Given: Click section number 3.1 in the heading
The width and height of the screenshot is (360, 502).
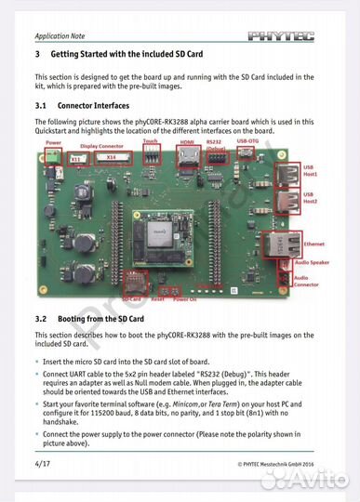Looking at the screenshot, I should click(42, 107).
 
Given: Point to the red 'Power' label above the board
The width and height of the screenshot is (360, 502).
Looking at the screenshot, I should click(53, 144).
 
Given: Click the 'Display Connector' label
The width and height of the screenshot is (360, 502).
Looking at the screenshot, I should click(100, 146).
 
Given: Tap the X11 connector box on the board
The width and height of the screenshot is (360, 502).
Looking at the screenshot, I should click(76, 159).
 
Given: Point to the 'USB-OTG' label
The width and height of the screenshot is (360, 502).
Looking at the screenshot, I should click(248, 140).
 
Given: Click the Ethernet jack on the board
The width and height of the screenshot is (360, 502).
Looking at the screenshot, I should click(276, 244).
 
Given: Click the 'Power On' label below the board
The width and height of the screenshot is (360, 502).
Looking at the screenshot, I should click(185, 299).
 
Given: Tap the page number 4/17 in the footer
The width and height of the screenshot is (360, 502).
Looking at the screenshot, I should click(43, 462).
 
